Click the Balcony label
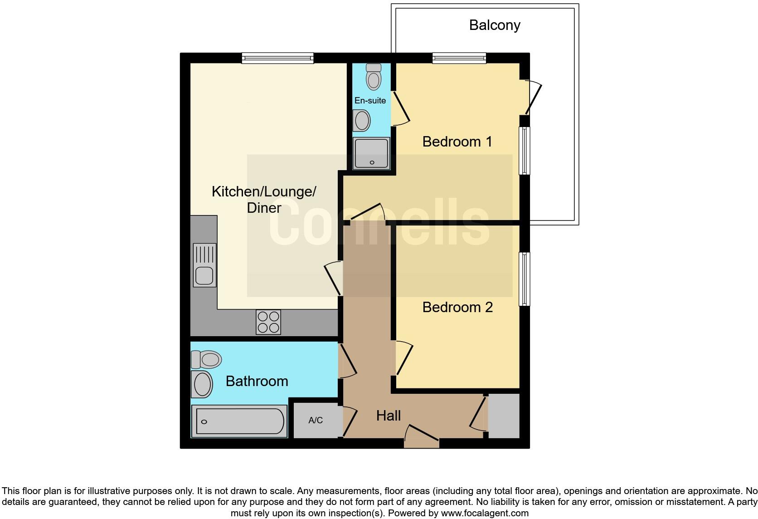pos(494,25)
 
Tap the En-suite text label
pos(370,101)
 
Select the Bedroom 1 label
pos(457,142)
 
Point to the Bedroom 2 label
pos(457,307)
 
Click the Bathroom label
pos(257,381)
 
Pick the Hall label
pos(389,416)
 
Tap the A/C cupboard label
pos(316,421)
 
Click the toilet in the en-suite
pos(374,76)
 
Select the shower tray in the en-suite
pos(372,154)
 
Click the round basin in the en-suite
pos(362,121)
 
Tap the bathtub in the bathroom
pos(239,421)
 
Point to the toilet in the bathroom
pos(207,359)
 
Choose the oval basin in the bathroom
pos(203,384)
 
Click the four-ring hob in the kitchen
pos(268,322)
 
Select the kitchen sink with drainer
pos(204,265)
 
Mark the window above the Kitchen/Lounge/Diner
pos(277,58)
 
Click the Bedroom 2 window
pos(525,279)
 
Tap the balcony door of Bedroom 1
pos(533,98)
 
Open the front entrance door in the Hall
pos(422,437)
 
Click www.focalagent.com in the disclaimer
pos(485,514)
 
